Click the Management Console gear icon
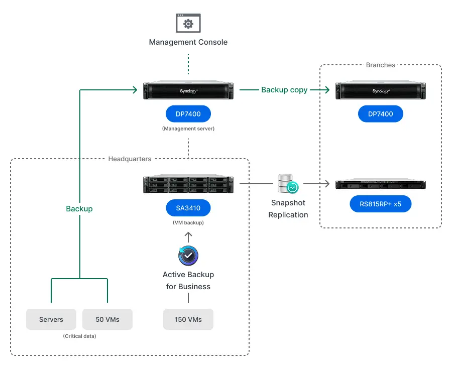188,24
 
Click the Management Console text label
188,42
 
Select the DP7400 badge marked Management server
188,114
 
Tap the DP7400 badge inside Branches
381,114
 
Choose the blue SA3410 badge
188,208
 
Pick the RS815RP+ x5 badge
381,204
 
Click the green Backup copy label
284,90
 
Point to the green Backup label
79,208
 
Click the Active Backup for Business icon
188,256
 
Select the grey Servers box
51,319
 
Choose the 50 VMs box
107,319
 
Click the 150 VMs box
188,319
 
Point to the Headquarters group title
130,159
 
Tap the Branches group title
381,65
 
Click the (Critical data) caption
79,336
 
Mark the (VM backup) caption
188,222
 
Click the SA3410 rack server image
188,185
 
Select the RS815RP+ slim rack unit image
381,185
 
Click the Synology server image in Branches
381,91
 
